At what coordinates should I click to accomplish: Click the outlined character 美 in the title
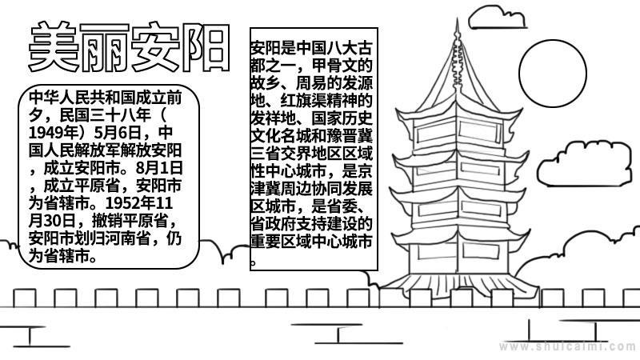click(x=54, y=47)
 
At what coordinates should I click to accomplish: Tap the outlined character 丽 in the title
click(x=105, y=47)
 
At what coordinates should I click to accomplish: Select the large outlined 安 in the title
click(x=156, y=46)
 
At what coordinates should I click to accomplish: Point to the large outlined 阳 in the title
click(x=206, y=47)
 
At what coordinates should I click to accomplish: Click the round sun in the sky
click(x=553, y=74)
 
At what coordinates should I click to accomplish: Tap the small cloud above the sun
click(x=497, y=18)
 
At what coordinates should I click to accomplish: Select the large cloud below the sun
click(x=584, y=164)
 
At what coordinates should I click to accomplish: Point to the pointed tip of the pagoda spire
click(x=457, y=18)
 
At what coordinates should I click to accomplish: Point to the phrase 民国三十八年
click(x=106, y=115)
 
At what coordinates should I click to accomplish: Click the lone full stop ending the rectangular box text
click(x=253, y=262)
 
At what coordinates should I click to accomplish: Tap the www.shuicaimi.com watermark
click(x=568, y=346)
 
